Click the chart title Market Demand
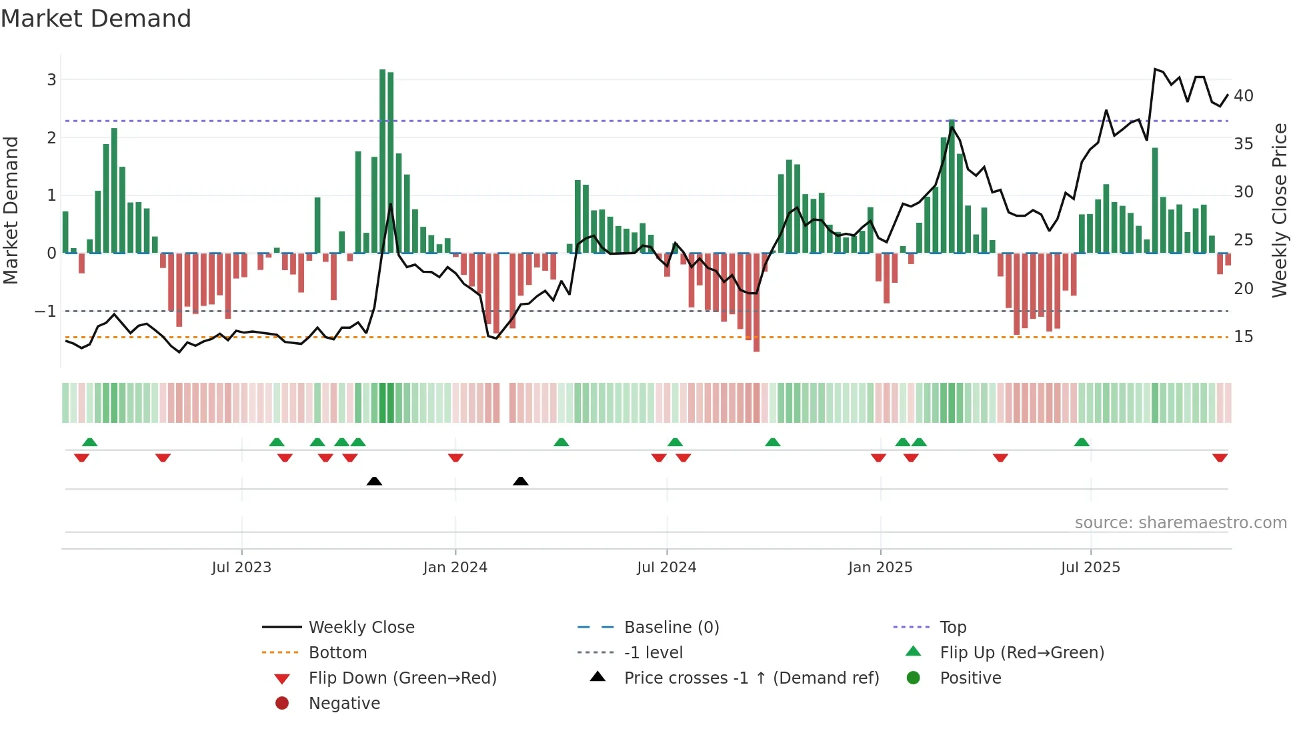[96, 19]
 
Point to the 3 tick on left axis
[51, 80]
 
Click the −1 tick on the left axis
[46, 311]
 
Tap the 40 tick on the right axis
[1244, 96]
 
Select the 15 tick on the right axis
[1244, 337]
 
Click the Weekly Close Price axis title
[1279, 210]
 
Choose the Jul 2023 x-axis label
[241, 568]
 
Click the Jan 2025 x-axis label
[880, 568]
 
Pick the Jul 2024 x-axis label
[666, 568]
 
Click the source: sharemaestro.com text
[1180, 523]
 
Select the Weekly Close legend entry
[361, 628]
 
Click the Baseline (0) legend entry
[671, 628]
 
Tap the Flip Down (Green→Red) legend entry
[402, 678]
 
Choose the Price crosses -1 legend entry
[751, 678]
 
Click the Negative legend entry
[344, 704]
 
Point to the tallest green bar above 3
[383, 160]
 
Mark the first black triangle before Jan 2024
[374, 481]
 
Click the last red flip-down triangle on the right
[1220, 458]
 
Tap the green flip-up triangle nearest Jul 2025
[1082, 442]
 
